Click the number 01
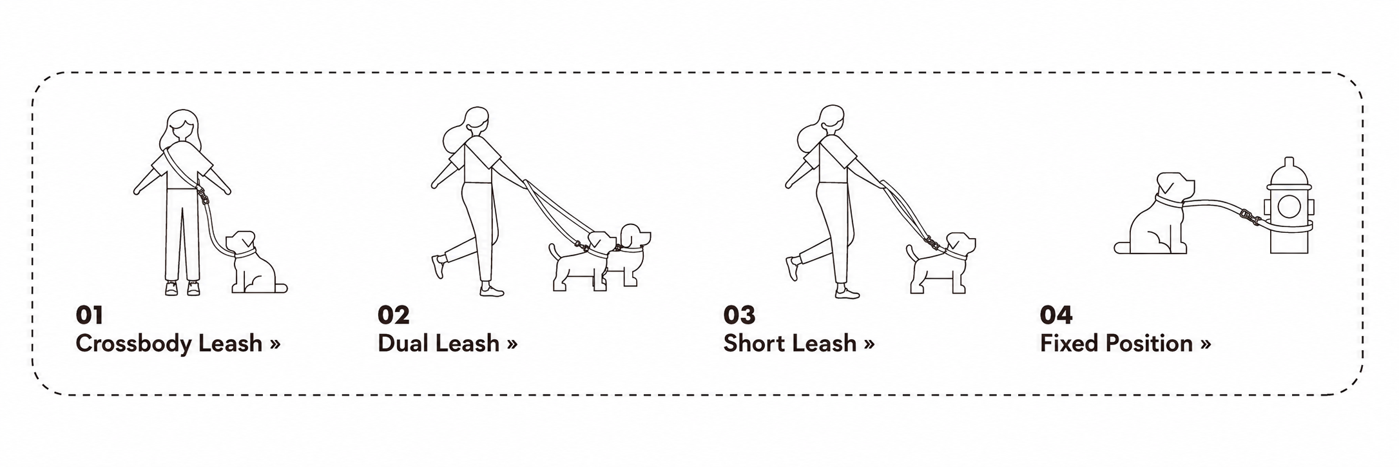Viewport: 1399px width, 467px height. click(89, 315)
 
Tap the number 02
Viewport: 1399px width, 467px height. click(393, 315)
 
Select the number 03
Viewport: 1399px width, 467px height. click(739, 315)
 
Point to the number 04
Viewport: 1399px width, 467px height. click(1056, 315)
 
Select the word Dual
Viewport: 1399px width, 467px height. click(403, 343)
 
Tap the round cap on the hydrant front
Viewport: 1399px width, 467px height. click(1289, 206)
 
